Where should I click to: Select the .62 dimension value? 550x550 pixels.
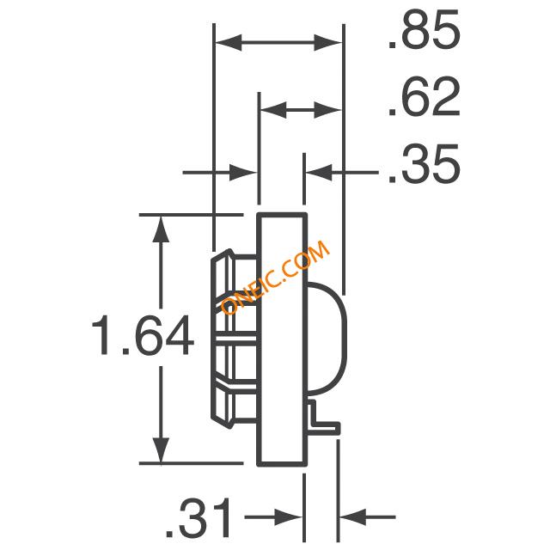click(424, 96)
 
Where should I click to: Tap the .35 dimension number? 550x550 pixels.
click(424, 163)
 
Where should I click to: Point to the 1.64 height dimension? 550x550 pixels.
click(143, 335)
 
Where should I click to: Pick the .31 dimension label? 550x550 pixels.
click(199, 516)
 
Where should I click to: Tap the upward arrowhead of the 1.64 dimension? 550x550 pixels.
click(161, 229)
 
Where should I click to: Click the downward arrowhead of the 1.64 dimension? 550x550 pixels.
click(161, 450)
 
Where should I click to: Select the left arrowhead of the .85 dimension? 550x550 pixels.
click(229, 42)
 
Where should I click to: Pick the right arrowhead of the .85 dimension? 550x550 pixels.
click(327, 42)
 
